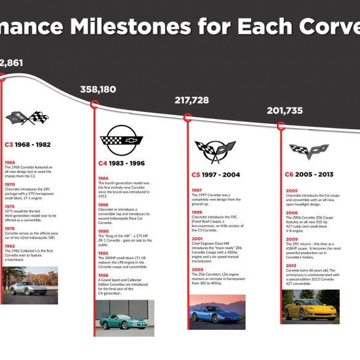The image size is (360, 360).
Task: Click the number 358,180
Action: pos(98,90)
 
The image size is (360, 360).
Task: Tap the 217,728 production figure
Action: pos(191,100)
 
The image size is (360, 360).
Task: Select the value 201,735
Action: pos(284,111)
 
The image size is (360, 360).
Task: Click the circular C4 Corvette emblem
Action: pos(122,141)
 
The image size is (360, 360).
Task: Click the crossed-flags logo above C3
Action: pos(27,118)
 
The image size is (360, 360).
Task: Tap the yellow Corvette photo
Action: pos(311,306)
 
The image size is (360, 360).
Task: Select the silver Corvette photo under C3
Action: pos(31,285)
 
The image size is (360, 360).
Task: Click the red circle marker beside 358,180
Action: pos(94,105)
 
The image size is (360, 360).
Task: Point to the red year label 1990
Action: pos(103,231)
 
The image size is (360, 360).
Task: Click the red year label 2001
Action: pos(196,238)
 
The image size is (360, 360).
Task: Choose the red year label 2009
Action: pos(291,239)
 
